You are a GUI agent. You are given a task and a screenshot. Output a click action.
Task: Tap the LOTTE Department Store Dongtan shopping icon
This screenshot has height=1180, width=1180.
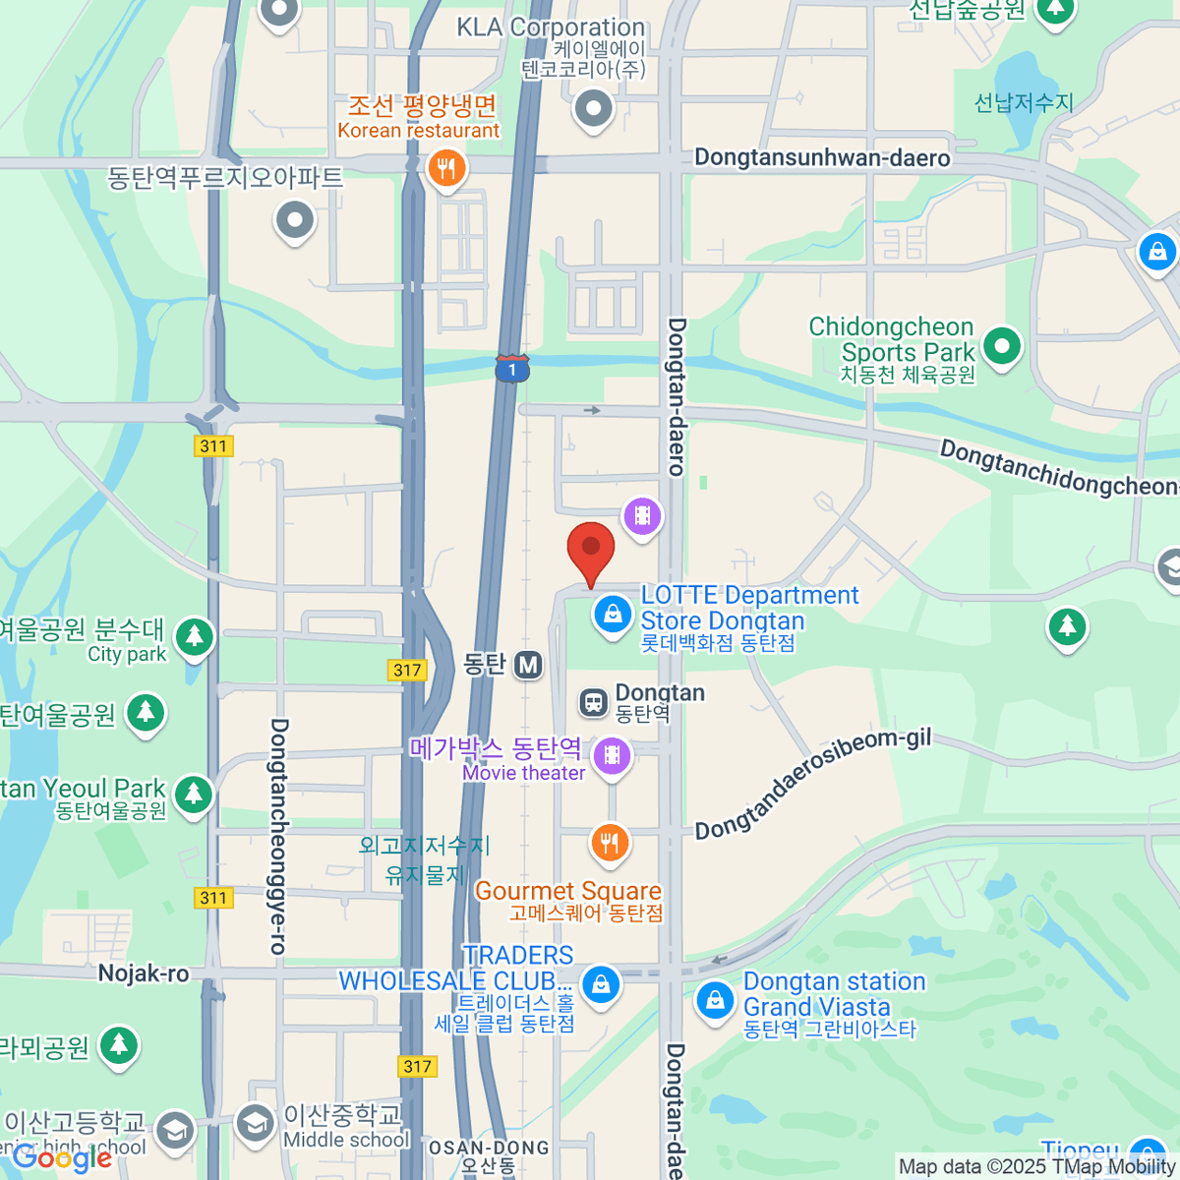click(x=612, y=615)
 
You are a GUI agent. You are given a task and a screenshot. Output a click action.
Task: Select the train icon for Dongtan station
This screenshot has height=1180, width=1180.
click(x=593, y=702)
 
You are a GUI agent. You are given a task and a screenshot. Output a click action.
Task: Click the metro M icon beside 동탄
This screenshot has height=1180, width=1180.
click(x=528, y=665)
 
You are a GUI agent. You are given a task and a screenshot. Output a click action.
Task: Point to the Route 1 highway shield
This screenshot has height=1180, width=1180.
click(x=512, y=369)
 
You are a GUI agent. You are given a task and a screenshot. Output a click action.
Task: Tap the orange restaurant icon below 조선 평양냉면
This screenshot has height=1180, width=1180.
click(x=446, y=167)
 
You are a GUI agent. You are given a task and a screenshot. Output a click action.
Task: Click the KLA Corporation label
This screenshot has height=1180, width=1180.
click(x=551, y=28)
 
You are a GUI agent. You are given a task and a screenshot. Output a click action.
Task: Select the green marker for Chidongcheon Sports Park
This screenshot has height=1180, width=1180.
click(x=1001, y=346)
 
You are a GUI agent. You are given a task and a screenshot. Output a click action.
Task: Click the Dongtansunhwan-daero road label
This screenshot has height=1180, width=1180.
click(x=822, y=158)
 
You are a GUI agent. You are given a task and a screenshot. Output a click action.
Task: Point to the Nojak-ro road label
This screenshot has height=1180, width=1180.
click(x=144, y=973)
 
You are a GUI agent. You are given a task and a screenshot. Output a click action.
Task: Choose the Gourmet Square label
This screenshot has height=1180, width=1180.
click(x=567, y=891)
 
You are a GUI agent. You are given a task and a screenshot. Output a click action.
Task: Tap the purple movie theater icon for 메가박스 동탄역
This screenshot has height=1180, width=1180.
click(x=612, y=755)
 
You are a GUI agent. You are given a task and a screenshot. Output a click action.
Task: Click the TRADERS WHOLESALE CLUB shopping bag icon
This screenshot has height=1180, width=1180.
click(x=601, y=983)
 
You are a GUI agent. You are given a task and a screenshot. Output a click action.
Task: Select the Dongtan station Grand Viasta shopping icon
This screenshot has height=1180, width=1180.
click(x=715, y=1001)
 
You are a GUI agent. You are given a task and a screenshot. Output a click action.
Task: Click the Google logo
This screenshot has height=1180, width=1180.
click(x=61, y=1158)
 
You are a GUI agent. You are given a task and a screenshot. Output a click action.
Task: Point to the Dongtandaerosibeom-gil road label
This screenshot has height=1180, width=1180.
click(x=812, y=785)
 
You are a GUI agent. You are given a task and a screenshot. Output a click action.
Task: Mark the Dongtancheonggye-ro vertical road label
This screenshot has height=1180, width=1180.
click(x=278, y=836)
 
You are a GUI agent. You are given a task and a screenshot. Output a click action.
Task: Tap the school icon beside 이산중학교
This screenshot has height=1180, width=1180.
click(x=255, y=1123)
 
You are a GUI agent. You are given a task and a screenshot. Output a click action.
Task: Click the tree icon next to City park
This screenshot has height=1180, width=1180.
click(x=194, y=636)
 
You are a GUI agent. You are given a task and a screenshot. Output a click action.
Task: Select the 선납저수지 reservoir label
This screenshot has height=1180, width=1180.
click(x=1023, y=102)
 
